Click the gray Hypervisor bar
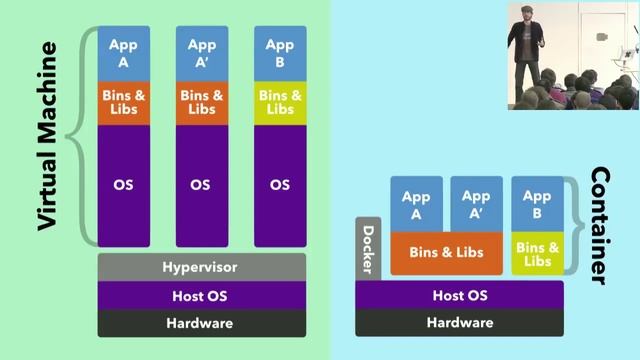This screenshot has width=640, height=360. [201, 267]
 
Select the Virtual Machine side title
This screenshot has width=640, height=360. [47, 136]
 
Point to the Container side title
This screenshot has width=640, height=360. [601, 226]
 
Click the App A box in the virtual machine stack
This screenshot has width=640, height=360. [123, 52]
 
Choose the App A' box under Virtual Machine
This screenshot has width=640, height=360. [201, 52]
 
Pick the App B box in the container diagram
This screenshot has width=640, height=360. [537, 204]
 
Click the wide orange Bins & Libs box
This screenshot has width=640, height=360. [445, 253]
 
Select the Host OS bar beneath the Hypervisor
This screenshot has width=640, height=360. [201, 296]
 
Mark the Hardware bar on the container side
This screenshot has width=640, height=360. [459, 323]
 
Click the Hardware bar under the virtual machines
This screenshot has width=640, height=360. [201, 323]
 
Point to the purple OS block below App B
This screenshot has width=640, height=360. [279, 185]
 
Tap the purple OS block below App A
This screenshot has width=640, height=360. [123, 185]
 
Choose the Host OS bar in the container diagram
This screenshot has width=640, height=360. [459, 296]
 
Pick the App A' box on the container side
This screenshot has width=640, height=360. [476, 204]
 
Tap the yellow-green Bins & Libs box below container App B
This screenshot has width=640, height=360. [537, 254]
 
